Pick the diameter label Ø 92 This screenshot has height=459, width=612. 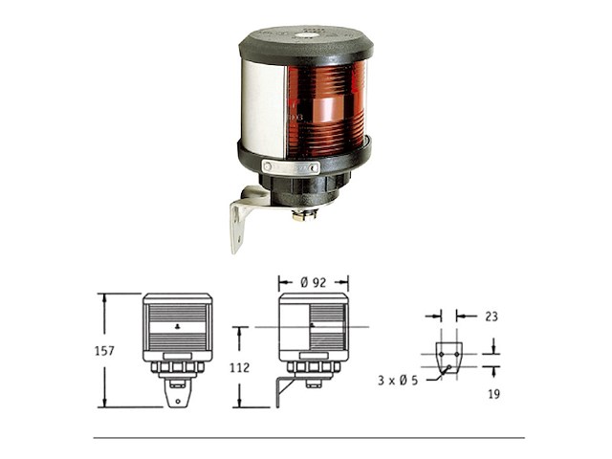pyautogui.click(x=313, y=283)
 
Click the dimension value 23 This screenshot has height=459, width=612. pyautogui.click(x=492, y=315)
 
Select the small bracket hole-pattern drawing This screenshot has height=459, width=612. pyautogui.click(x=448, y=356)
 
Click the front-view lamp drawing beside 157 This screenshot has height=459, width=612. pyautogui.click(x=177, y=330)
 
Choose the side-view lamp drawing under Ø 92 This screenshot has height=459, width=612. pyautogui.click(x=313, y=330)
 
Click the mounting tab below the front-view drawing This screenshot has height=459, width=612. pyautogui.click(x=177, y=392)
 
